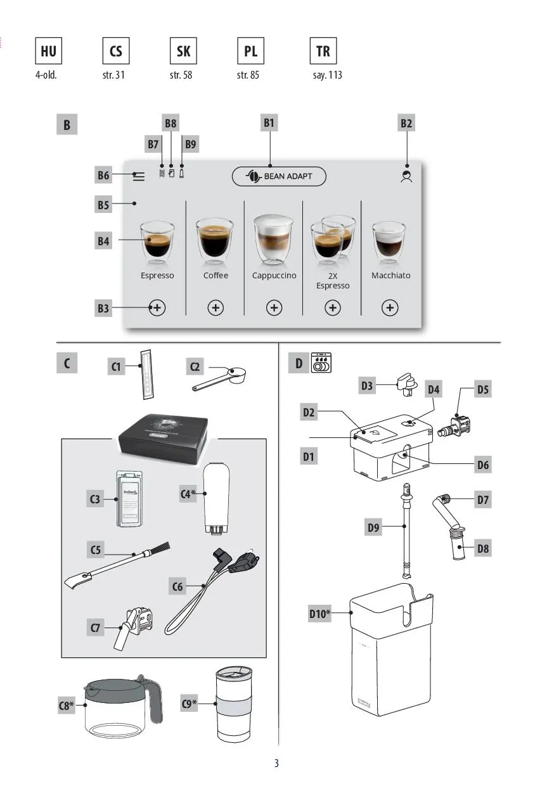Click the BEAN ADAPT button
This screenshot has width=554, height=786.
click(x=279, y=176)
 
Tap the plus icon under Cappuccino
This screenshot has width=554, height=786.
click(x=274, y=307)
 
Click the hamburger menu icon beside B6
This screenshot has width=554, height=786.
click(x=138, y=177)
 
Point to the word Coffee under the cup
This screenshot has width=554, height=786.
click(x=216, y=276)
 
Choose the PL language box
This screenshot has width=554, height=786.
click(x=251, y=51)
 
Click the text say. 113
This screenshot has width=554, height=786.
click(x=327, y=75)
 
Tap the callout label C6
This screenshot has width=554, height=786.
click(x=177, y=587)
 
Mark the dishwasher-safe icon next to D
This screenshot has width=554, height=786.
click(x=322, y=363)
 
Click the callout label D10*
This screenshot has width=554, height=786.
click(x=320, y=613)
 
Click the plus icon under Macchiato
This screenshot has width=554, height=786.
click(x=390, y=307)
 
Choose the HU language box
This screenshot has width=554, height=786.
click(x=48, y=51)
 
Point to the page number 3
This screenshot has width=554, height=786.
click(x=276, y=763)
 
